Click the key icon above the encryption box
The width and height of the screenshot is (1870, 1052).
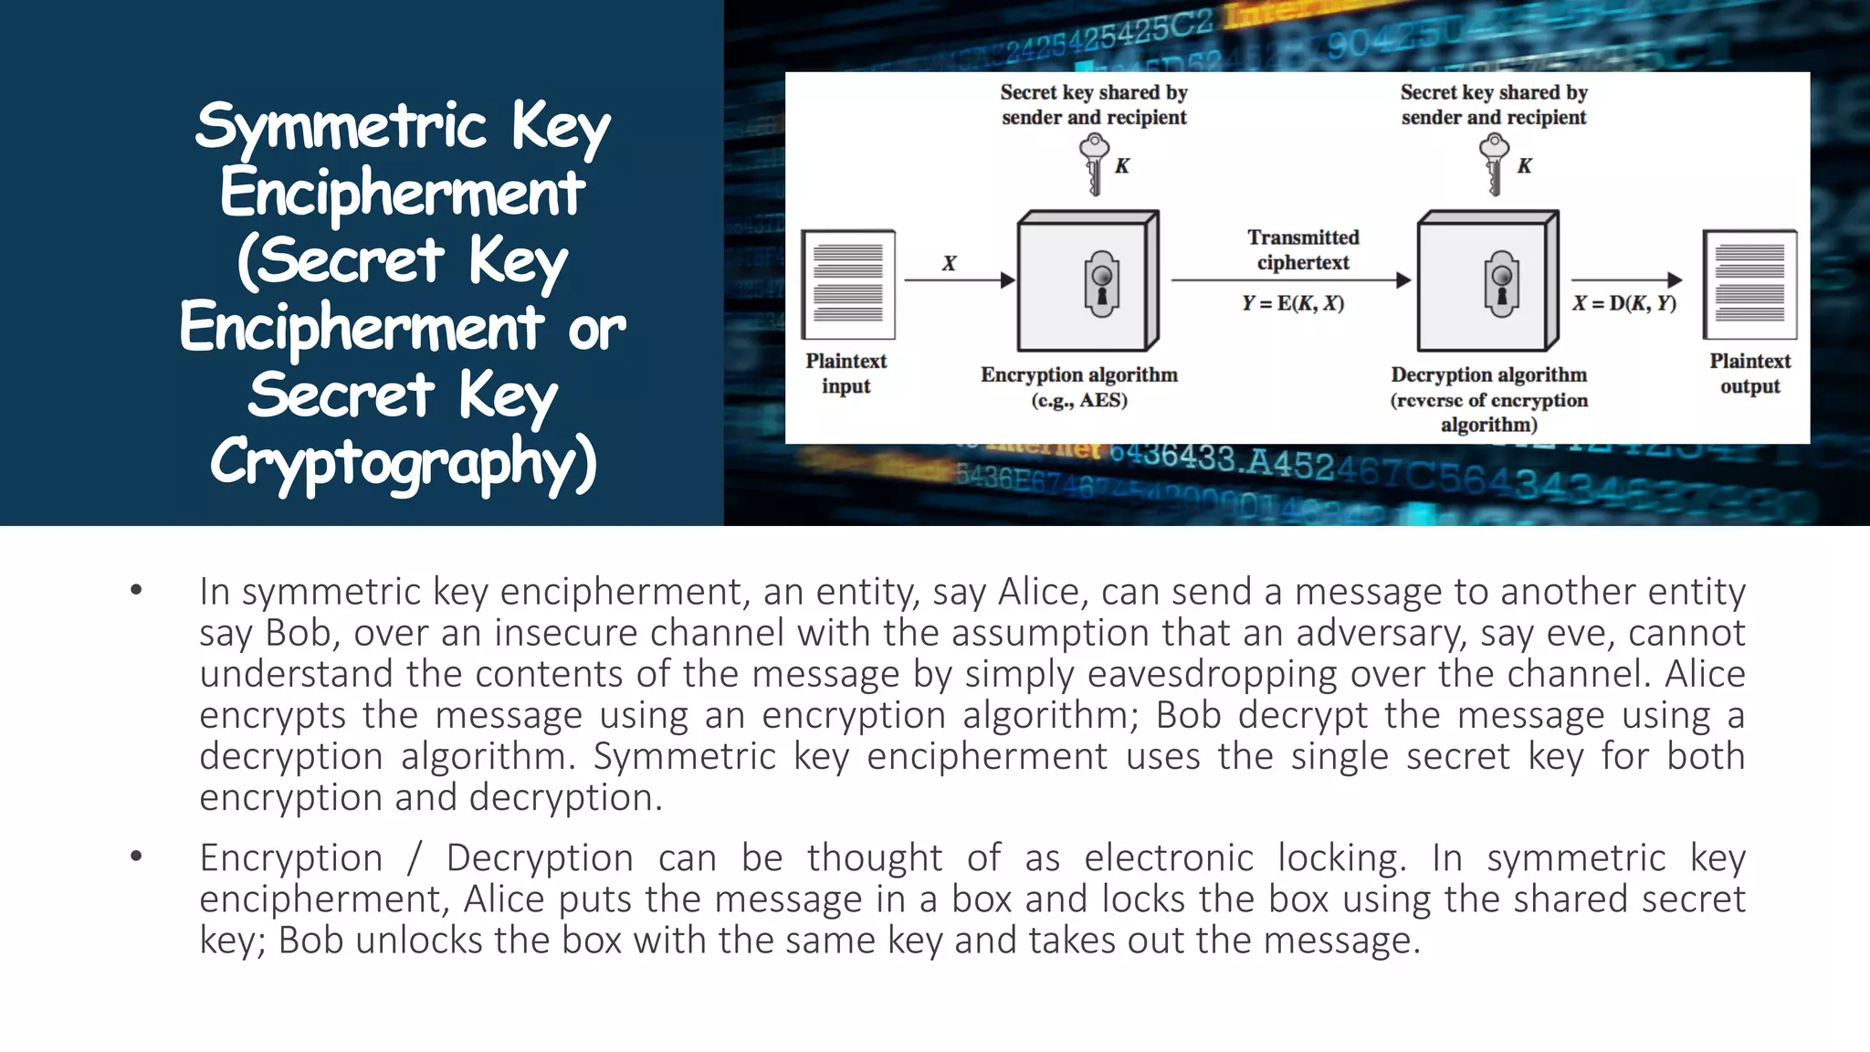click(x=1094, y=163)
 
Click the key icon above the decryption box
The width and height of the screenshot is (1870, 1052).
click(x=1494, y=163)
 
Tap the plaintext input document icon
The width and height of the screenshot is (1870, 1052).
click(x=848, y=284)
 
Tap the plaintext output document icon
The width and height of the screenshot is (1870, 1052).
click(x=1749, y=284)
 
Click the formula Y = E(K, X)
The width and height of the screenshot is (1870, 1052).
click(x=1293, y=303)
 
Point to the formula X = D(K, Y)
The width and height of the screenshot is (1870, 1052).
click(x=1624, y=303)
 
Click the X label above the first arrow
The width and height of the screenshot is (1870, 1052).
click(x=950, y=263)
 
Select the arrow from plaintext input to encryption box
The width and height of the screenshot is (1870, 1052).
click(x=959, y=279)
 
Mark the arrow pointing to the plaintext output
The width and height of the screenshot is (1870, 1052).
click(x=1626, y=279)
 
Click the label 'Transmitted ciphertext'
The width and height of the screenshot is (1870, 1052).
click(x=1303, y=249)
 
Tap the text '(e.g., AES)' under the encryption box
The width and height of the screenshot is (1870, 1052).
click(x=1079, y=400)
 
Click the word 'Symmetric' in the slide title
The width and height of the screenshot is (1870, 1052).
click(x=341, y=126)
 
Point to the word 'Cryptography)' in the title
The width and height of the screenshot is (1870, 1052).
click(x=404, y=462)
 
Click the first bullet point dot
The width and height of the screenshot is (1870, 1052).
click(x=136, y=590)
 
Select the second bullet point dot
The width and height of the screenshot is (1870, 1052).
click(x=136, y=857)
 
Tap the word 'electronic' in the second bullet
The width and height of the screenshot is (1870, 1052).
click(x=1169, y=857)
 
